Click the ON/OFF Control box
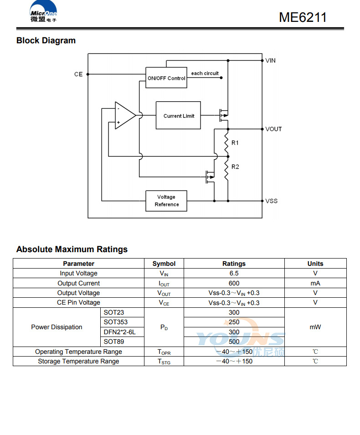tap(166, 78)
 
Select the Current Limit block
tap(178, 116)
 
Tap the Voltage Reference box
tap(166, 201)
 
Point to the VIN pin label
tap(271, 61)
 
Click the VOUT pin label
tap(273, 129)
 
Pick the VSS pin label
tap(272, 201)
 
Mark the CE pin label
tap(78, 74)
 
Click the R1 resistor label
tap(235, 143)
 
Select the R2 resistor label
tap(235, 166)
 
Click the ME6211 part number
tap(303, 17)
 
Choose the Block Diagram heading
tap(46, 41)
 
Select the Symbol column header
tap(164, 264)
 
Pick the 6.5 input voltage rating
tap(234, 274)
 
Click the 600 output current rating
tap(234, 283)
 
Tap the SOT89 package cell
tap(113, 342)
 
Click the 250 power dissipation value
tap(234, 322)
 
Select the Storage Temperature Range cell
tap(78, 361)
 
